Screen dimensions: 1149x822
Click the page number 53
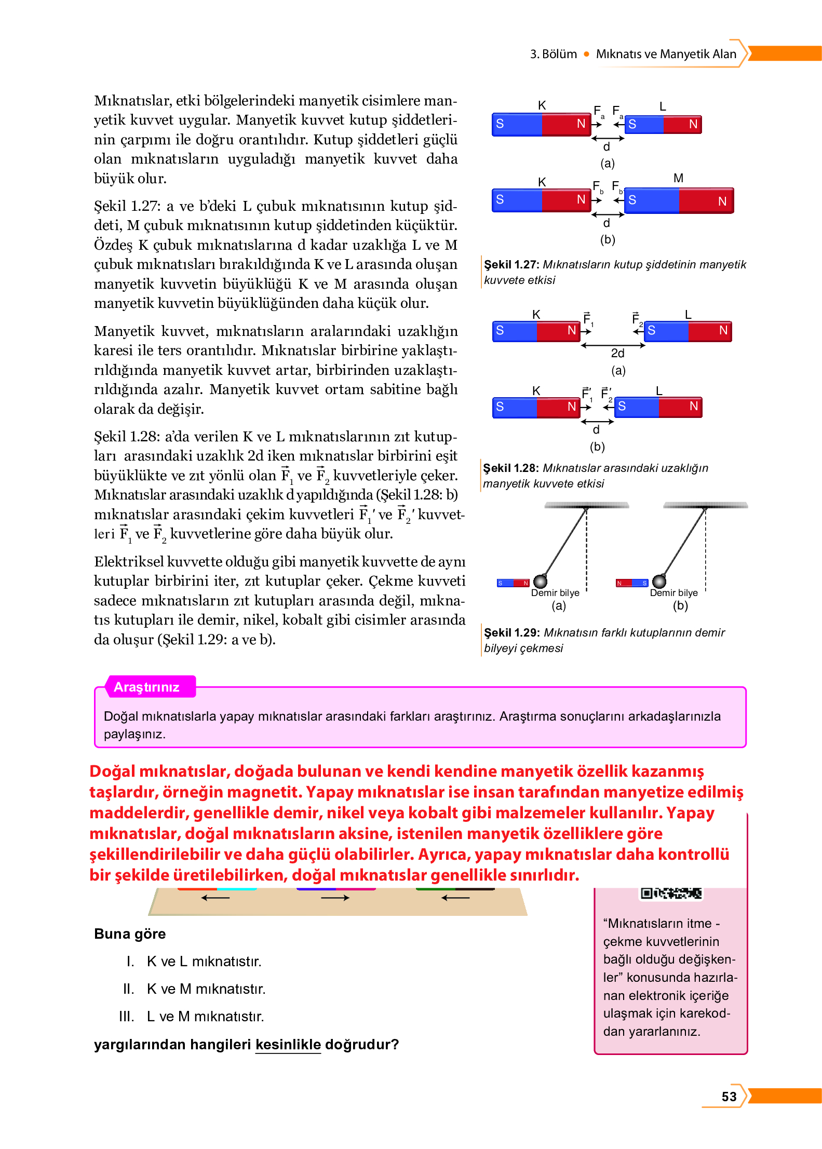point(729,1096)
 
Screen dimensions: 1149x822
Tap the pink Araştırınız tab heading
point(146,687)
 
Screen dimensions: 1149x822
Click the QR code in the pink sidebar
point(671,893)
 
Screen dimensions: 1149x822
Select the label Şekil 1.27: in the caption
point(511,264)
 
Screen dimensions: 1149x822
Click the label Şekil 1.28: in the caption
point(511,468)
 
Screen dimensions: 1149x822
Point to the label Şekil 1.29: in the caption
point(511,632)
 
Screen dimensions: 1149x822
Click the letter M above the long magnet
point(678,178)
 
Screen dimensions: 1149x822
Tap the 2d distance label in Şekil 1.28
point(617,353)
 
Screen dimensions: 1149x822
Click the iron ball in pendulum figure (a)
point(540,581)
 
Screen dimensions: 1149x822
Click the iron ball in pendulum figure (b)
point(659,581)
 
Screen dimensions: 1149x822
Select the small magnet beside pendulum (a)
point(513,583)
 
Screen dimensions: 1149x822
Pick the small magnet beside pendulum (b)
point(631,583)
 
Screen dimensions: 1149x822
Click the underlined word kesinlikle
point(288,1044)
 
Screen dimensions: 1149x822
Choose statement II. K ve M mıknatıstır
point(206,989)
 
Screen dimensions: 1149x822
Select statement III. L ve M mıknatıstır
point(205,1016)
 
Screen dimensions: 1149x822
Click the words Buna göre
point(130,934)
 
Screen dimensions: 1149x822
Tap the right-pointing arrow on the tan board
point(335,898)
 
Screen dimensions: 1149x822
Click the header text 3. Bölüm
point(553,54)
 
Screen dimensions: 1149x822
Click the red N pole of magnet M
point(706,201)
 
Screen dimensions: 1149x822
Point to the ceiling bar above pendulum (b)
point(705,505)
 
